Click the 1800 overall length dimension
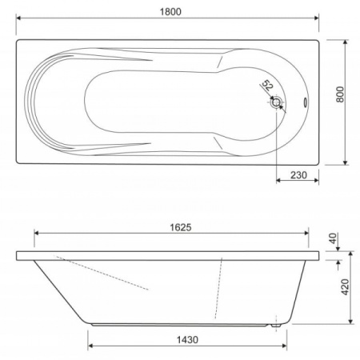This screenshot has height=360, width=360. click(x=170, y=12)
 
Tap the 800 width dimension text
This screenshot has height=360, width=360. click(x=340, y=94)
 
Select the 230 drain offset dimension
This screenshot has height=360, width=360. click(x=298, y=175)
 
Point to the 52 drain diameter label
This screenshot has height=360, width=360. click(x=267, y=86)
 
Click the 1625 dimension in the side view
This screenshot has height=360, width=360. click(x=181, y=227)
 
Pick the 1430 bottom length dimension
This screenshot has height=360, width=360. click(x=187, y=340)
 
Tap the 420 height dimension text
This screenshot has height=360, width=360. click(x=346, y=287)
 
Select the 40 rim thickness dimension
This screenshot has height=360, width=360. click(x=334, y=238)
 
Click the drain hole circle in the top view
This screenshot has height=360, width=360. click(x=276, y=102)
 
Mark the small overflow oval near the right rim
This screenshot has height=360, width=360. click(x=305, y=102)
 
